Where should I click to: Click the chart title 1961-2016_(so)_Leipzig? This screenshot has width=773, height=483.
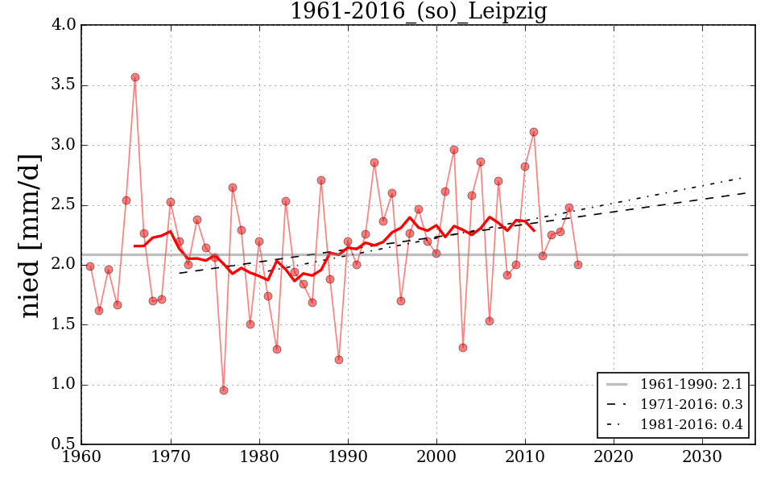418,12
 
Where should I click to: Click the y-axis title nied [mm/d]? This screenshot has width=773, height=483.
31,235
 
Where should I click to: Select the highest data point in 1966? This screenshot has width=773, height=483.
135,77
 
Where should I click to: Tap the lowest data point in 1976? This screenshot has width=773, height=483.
224,390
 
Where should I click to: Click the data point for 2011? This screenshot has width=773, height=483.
534,132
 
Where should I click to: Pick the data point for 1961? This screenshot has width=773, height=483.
90,266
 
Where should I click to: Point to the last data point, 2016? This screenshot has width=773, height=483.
578,265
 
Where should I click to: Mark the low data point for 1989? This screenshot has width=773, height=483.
339,360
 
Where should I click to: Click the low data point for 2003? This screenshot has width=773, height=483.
463,348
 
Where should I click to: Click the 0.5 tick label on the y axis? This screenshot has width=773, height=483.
66,444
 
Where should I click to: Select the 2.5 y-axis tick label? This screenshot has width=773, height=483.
66,205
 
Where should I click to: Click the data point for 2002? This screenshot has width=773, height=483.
454,150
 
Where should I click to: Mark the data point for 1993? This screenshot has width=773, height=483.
374,163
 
